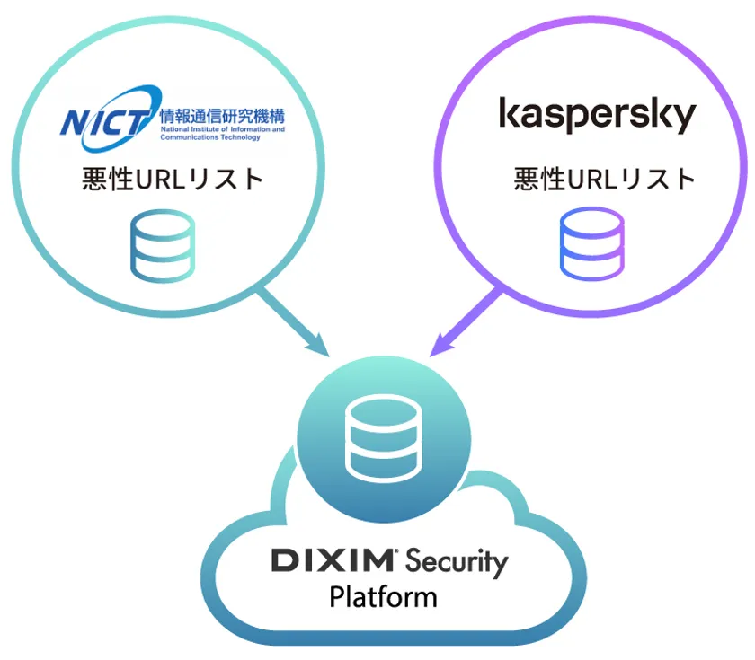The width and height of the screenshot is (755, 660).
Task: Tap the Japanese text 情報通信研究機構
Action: pos(223,116)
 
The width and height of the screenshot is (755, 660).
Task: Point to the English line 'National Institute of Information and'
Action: pos(223,129)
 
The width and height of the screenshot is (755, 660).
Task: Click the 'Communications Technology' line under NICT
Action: pos(210,137)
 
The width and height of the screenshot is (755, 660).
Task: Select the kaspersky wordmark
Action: pos(598,116)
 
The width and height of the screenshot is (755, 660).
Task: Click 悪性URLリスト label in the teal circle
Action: pos(173,179)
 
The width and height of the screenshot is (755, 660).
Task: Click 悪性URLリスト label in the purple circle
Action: pos(605,179)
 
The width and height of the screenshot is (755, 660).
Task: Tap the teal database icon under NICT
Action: pos(163,245)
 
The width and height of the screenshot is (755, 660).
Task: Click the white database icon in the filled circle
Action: pos(384,438)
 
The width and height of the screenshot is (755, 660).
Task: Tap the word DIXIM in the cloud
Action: pos(333,560)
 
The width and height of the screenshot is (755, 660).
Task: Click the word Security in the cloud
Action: pos(457,563)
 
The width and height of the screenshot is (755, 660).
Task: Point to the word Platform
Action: pos(383,597)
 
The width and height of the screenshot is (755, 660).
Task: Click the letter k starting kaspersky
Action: pos(509,112)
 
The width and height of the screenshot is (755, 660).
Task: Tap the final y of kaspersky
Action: pos(684,119)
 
